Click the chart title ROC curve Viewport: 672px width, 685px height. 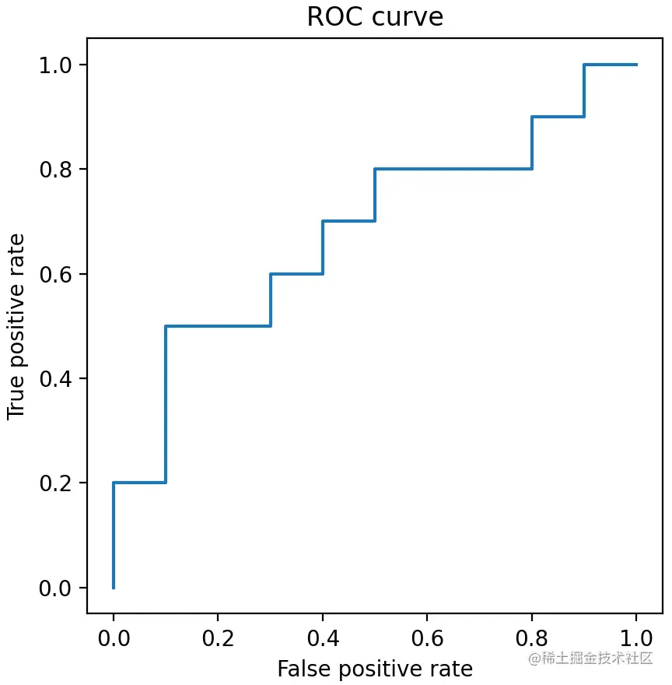pyautogui.click(x=375, y=17)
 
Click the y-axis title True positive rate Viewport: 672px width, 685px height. pyautogui.click(x=16, y=325)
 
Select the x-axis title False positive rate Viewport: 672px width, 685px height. pyautogui.click(x=375, y=669)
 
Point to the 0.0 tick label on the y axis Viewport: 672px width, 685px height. pyautogui.click(x=56, y=588)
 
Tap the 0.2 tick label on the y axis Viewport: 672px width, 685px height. pyautogui.click(x=56, y=483)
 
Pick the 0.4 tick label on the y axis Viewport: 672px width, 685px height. pyautogui.click(x=56, y=378)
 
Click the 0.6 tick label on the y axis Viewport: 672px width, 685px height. pyautogui.click(x=56, y=274)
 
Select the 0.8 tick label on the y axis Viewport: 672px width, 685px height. pyautogui.click(x=56, y=169)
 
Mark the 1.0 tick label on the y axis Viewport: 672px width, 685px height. pyautogui.click(x=56, y=65)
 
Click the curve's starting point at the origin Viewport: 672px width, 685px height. pyautogui.click(x=114, y=588)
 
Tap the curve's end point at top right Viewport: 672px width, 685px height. pyautogui.click(x=636, y=65)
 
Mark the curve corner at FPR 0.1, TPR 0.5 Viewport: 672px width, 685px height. pyautogui.click(x=166, y=326)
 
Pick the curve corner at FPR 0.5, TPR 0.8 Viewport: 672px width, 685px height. pyautogui.click(x=375, y=169)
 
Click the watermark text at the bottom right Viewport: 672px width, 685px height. pyautogui.click(x=590, y=659)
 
